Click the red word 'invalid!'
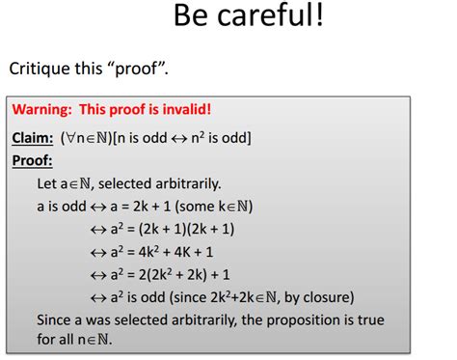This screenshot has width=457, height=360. pos(181,109)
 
